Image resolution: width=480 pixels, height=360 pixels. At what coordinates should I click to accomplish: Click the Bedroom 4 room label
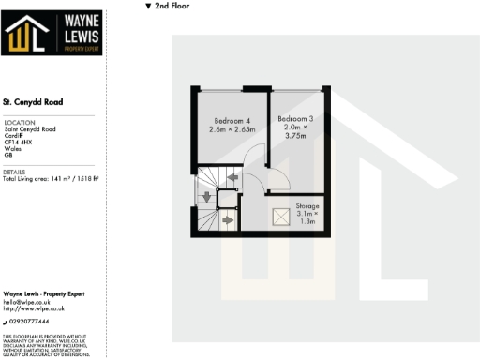(232, 121)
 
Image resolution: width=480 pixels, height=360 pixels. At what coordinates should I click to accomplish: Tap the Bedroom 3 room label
(295, 118)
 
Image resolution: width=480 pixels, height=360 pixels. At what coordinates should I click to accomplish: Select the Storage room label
(307, 205)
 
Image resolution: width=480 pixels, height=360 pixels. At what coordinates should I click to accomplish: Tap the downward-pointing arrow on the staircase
(206, 197)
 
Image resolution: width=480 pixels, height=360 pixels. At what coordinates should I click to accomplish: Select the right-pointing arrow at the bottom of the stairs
(228, 220)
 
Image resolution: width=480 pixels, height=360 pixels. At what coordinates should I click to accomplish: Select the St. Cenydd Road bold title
(34, 101)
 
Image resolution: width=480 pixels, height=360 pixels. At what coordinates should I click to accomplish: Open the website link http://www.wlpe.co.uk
(34, 307)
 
